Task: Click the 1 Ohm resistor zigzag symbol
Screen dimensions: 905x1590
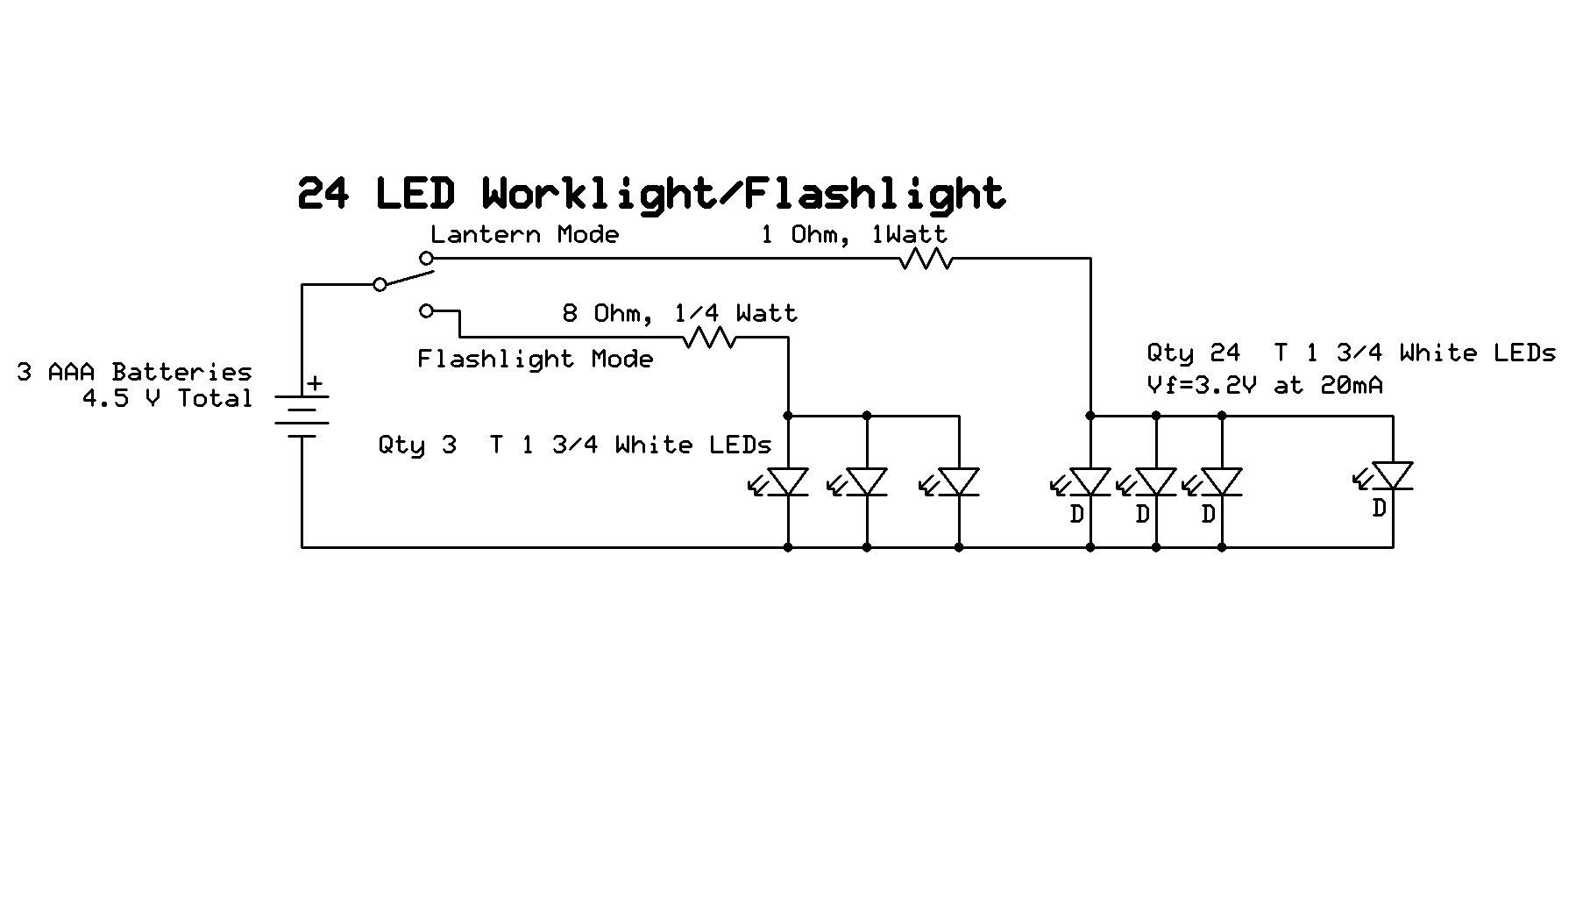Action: click(x=926, y=259)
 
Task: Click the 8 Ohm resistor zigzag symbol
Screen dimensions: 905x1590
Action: click(x=709, y=338)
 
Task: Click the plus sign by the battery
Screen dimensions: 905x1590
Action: click(x=315, y=383)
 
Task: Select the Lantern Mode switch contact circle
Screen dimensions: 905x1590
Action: click(x=426, y=258)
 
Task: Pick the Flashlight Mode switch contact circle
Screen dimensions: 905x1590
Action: click(x=426, y=310)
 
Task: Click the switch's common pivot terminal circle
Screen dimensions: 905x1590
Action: click(x=380, y=284)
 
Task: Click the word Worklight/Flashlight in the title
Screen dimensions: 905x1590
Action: click(x=743, y=194)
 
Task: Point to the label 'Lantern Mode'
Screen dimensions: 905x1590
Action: click(x=524, y=234)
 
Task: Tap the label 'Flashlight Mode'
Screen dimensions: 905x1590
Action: click(x=535, y=359)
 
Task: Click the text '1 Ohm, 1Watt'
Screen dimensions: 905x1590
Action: click(x=853, y=234)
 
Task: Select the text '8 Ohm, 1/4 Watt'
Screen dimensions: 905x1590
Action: click(x=679, y=313)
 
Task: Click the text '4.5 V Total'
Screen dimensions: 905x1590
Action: click(x=167, y=398)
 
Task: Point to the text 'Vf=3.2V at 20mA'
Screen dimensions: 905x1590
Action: click(x=1264, y=385)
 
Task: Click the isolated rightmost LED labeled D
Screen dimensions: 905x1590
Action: click(x=1392, y=477)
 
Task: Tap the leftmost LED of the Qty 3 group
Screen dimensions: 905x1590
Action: click(x=787, y=482)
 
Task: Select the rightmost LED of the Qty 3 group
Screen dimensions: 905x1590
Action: click(x=958, y=482)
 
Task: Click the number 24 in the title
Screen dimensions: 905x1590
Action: click(x=323, y=194)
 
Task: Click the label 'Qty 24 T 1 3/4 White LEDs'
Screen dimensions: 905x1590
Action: click(x=1351, y=353)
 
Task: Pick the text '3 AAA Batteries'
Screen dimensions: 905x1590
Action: click(x=134, y=372)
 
